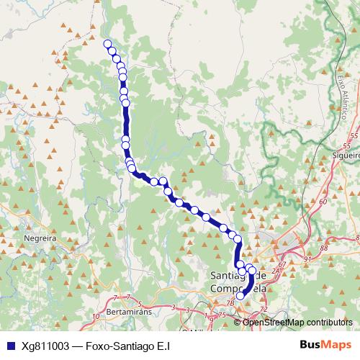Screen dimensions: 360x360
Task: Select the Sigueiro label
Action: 346,153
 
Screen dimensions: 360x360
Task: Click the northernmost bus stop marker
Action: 108,45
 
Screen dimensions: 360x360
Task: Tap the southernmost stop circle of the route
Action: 240,295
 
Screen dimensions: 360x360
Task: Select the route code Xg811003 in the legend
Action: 45,345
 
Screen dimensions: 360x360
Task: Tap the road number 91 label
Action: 307,259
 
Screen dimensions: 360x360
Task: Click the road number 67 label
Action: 282,265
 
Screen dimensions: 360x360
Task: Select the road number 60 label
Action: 322,202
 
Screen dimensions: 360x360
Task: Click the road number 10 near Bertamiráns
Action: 96,315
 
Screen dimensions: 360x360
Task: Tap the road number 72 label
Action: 264,308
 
